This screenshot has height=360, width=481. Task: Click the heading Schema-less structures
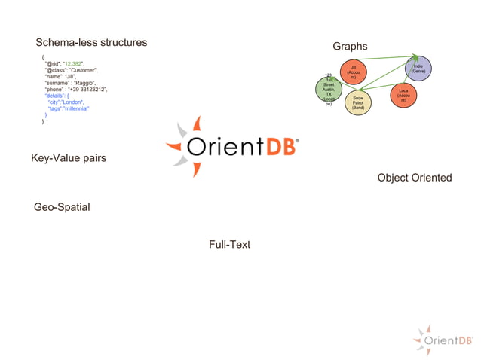point(91,42)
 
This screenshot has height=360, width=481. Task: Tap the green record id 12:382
point(75,63)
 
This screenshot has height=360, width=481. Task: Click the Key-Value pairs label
point(68,158)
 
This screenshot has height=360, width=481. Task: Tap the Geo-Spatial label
point(67,206)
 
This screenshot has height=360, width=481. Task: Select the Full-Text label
point(229,244)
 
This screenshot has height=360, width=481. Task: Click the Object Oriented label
point(414,178)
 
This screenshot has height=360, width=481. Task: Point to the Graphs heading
point(350,47)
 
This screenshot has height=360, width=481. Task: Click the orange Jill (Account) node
point(353,72)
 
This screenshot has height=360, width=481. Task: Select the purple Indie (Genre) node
point(418,69)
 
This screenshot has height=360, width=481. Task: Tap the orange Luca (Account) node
point(403,96)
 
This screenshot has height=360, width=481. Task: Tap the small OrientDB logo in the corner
point(448,340)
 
